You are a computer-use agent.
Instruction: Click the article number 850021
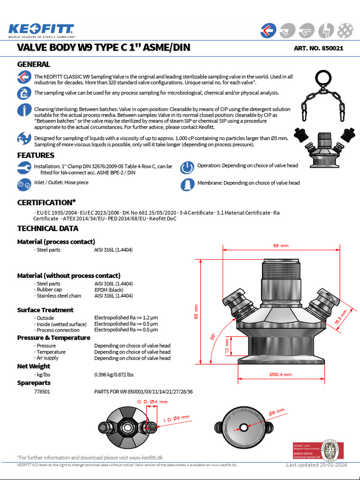tap(318, 48)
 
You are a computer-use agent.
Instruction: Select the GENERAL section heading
tap(34, 64)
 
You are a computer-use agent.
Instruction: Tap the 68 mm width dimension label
tap(280, 246)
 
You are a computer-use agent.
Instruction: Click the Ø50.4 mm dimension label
tap(280, 375)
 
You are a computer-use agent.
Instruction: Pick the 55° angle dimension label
tap(213, 336)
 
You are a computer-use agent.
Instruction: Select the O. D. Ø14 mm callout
tap(152, 402)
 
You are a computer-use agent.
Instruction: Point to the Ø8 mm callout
tap(277, 412)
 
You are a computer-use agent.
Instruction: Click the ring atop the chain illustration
tap(322, 78)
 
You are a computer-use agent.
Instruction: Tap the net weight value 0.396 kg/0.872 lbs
tap(114, 375)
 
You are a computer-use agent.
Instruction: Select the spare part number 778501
tap(42, 391)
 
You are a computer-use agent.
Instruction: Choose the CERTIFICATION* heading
tap(46, 202)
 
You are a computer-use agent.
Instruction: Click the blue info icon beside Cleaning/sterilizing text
tap(23, 111)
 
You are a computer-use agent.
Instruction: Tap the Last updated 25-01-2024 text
tap(316, 465)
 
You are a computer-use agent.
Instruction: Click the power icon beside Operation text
tap(187, 168)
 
